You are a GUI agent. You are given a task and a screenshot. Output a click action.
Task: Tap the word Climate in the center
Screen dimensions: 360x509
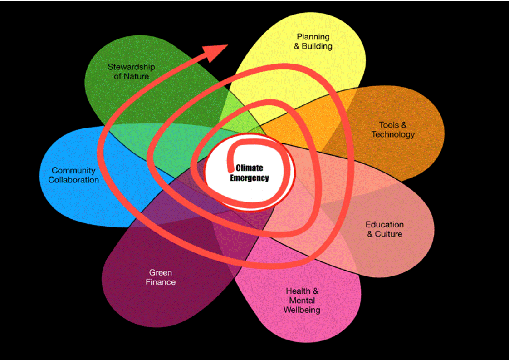[249, 168]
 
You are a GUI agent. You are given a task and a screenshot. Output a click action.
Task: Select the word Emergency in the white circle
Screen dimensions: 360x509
[249, 178]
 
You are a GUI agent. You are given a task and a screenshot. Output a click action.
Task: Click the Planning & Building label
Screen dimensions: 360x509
[313, 41]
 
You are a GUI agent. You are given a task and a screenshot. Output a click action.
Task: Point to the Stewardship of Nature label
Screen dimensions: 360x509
[131, 72]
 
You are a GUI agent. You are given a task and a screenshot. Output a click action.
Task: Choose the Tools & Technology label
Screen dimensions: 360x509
[393, 129]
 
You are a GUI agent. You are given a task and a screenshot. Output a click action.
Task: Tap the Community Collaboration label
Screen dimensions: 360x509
[73, 175]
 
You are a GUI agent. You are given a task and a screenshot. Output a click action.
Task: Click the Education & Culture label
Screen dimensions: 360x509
[384, 229]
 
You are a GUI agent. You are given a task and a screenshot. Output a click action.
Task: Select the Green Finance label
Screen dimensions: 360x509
[161, 277]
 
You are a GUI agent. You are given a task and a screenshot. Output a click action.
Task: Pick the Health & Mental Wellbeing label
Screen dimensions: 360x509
[302, 301]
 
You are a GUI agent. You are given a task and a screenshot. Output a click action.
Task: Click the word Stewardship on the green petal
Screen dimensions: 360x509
[131, 67]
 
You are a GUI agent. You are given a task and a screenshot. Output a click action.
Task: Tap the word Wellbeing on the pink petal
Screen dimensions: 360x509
[302, 311]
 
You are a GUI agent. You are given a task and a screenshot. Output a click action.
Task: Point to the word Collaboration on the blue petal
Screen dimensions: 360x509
[73, 180]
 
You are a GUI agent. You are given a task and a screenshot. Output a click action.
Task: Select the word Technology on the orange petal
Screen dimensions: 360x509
[393, 134]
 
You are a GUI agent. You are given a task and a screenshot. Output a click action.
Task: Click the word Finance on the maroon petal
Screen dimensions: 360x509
[161, 282]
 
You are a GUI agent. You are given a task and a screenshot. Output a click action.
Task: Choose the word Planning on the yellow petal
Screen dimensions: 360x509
[313, 36]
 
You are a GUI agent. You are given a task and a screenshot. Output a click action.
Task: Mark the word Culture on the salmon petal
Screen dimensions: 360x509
[389, 234]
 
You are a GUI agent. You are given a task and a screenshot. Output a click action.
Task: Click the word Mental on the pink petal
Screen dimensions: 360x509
[302, 301]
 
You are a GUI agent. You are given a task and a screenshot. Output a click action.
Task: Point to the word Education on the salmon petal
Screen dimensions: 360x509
[384, 224]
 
